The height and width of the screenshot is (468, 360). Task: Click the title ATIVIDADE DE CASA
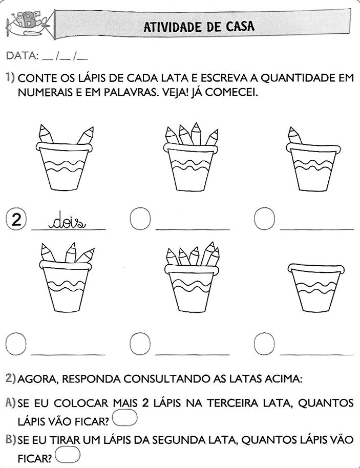click(x=198, y=26)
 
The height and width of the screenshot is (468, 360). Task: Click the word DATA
click(x=22, y=55)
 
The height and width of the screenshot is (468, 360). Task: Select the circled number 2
click(x=16, y=220)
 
